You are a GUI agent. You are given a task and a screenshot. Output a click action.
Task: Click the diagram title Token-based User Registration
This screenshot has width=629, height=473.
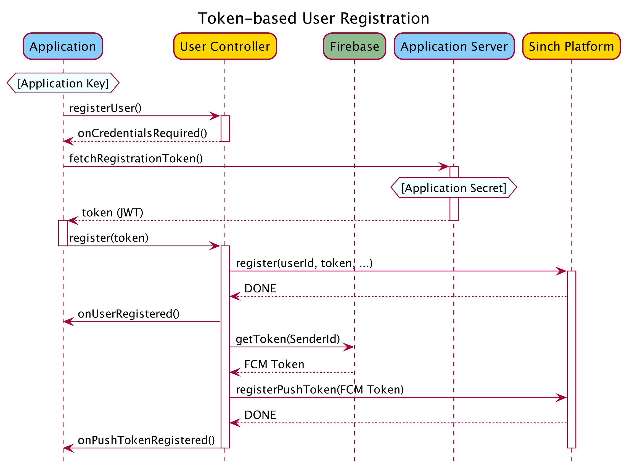[313, 19]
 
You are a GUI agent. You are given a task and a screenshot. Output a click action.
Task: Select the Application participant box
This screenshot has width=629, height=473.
[63, 46]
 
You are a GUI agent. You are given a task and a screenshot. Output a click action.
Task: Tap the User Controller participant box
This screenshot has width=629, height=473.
[225, 46]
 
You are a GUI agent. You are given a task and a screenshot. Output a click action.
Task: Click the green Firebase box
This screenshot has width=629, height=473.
[354, 46]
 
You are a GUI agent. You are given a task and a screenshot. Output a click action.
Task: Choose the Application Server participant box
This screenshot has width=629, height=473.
[454, 46]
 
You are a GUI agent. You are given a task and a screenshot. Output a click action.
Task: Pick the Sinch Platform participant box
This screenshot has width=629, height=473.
[571, 46]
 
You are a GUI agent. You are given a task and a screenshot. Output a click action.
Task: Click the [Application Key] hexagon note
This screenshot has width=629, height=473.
[63, 83]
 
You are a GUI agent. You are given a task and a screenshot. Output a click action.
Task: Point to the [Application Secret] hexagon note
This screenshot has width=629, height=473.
[454, 188]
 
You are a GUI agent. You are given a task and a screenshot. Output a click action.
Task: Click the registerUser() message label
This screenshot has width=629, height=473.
[105, 108]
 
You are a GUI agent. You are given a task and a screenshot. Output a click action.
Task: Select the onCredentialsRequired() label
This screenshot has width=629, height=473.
[142, 133]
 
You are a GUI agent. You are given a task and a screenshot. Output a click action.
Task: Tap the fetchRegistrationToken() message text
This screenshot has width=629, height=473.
[136, 159]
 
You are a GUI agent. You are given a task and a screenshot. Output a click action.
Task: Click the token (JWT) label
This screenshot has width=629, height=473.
[112, 213]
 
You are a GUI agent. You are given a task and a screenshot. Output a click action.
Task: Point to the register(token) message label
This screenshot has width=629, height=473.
[109, 238]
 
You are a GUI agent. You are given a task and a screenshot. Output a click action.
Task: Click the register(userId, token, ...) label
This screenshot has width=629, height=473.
[304, 263]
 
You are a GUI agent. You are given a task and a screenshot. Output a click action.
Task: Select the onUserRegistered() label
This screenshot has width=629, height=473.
[128, 314]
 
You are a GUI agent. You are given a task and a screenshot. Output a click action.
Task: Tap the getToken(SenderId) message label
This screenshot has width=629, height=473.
[288, 339]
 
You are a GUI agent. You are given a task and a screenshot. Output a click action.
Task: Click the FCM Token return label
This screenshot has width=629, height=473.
[274, 365]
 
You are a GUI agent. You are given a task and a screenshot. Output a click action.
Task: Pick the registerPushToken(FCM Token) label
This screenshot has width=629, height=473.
[320, 390]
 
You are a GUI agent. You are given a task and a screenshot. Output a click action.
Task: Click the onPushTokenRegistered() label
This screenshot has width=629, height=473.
[146, 441]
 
